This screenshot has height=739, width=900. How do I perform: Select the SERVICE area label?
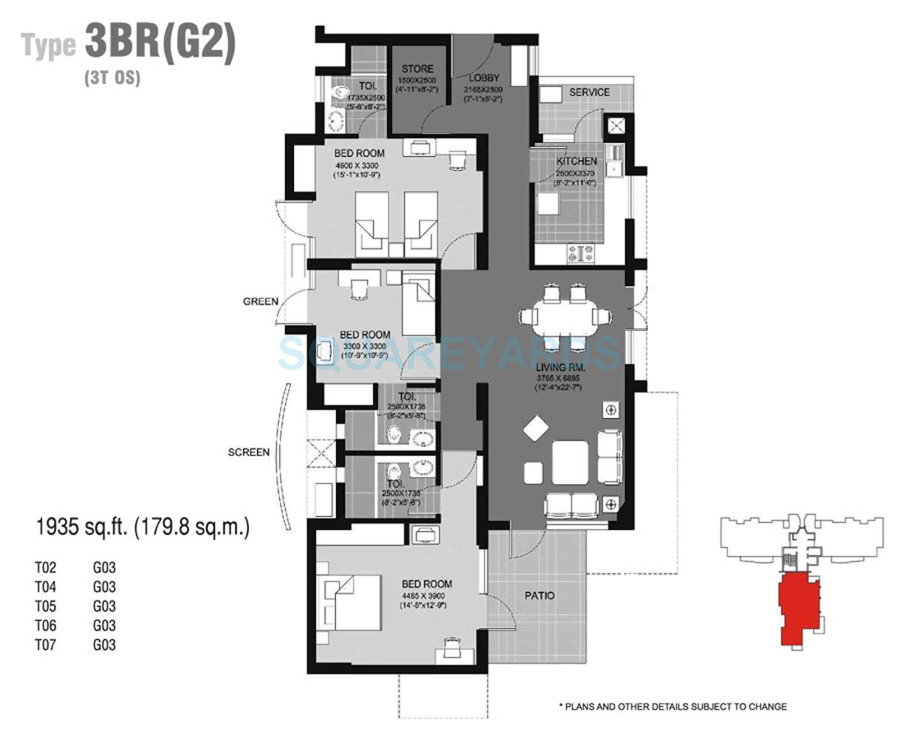(x=589, y=92)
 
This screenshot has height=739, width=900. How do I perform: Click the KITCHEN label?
(x=576, y=161)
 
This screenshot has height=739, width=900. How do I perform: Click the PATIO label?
(x=540, y=596)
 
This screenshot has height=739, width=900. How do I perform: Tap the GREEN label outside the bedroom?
(x=260, y=302)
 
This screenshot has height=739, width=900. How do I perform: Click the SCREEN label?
(x=248, y=452)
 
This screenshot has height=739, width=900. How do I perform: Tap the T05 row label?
(x=46, y=606)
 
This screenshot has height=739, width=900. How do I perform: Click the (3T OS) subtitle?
(x=112, y=77)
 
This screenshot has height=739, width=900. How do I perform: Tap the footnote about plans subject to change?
(x=673, y=707)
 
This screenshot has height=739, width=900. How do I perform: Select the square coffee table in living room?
(x=570, y=462)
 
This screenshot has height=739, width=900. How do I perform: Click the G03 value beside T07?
(x=104, y=644)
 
